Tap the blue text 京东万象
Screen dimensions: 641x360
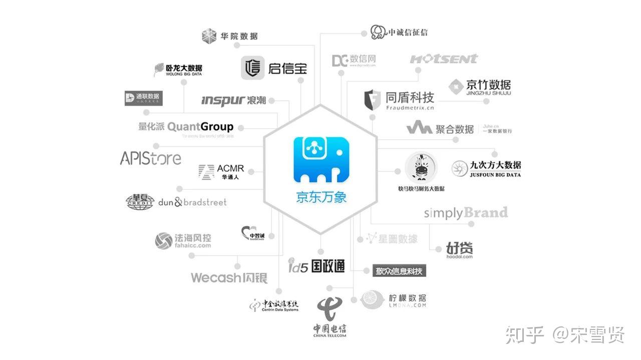point(320,197)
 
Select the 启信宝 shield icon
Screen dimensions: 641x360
point(253,68)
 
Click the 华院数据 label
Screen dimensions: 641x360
point(239,36)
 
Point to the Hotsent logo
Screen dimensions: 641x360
point(444,59)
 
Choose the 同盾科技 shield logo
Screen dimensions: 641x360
point(372,100)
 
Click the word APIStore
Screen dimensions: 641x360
point(150,158)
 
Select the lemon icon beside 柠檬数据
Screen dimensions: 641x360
point(373,299)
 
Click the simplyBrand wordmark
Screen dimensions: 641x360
point(466,213)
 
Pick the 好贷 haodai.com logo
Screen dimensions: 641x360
point(460,249)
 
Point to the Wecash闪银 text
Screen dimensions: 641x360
point(229,278)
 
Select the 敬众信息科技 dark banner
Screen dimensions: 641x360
point(399,271)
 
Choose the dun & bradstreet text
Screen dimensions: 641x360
point(192,202)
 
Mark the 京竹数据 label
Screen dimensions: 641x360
point(488,85)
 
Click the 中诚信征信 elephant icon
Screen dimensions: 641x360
point(379,33)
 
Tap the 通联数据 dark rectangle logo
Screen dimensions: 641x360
point(144,98)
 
